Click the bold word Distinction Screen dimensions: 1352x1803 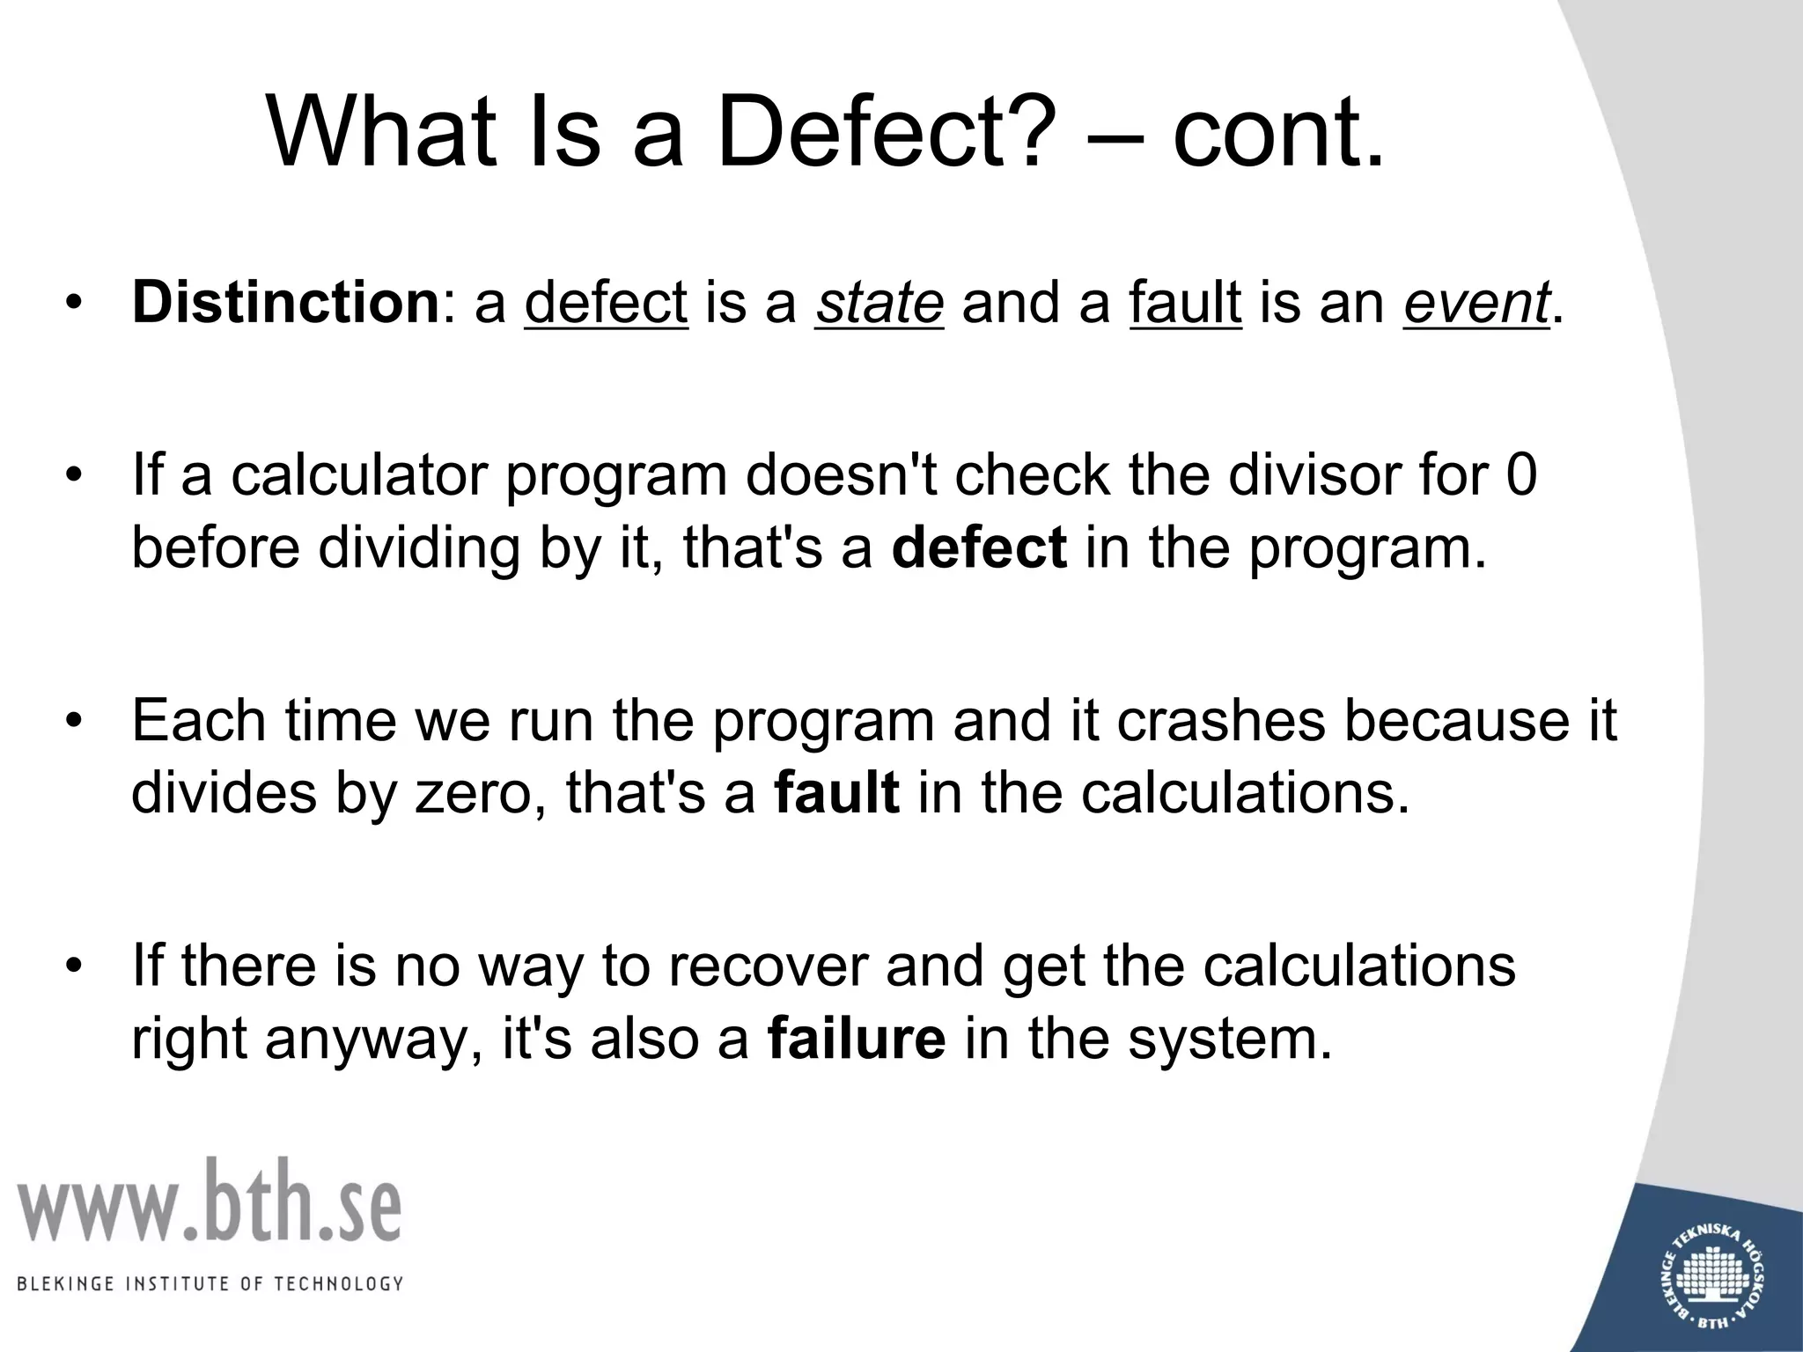pos(284,302)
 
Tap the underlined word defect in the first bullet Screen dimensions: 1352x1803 pos(606,302)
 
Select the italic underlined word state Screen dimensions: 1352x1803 pos(879,302)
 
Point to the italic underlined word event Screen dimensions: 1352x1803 pos(1476,302)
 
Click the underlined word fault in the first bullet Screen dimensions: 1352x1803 pos(1185,302)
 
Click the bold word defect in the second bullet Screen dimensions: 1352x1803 pos(979,547)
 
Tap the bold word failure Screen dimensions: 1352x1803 pos(857,1039)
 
